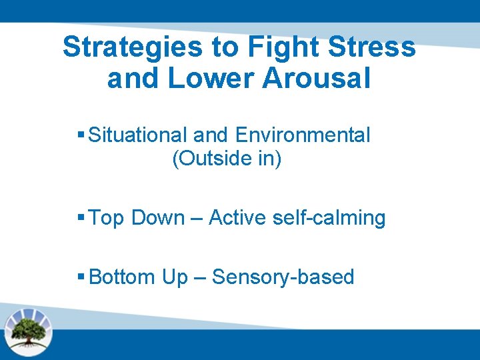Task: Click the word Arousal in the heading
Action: (316, 79)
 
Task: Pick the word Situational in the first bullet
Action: (138, 135)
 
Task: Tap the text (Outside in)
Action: (227, 160)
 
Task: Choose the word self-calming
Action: (329, 219)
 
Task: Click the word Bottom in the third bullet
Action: (122, 277)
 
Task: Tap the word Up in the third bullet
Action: (175, 277)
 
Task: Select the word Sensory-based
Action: (283, 277)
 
